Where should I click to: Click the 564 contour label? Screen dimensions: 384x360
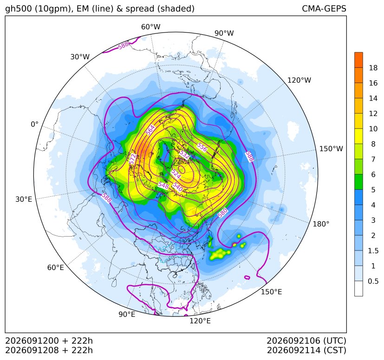150,130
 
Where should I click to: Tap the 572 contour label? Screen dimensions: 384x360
132,159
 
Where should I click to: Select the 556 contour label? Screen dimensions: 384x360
202,148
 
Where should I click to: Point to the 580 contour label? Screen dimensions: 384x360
222,212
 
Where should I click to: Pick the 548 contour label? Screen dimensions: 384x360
163,186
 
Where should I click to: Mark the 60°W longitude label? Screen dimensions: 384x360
150,27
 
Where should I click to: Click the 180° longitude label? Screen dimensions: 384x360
321,224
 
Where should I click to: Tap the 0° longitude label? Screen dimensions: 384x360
34,124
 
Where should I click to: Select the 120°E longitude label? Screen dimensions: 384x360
200,321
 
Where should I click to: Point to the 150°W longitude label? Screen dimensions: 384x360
331,149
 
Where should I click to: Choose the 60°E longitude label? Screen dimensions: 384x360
56,268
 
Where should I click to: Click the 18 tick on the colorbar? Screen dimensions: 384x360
373,68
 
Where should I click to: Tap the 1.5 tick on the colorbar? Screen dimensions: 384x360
373,251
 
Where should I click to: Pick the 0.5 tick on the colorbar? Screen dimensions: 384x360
373,281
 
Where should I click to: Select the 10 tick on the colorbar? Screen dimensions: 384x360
373,129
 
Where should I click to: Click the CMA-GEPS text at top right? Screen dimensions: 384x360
324,8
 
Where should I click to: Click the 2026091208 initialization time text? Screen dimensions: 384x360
32,350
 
